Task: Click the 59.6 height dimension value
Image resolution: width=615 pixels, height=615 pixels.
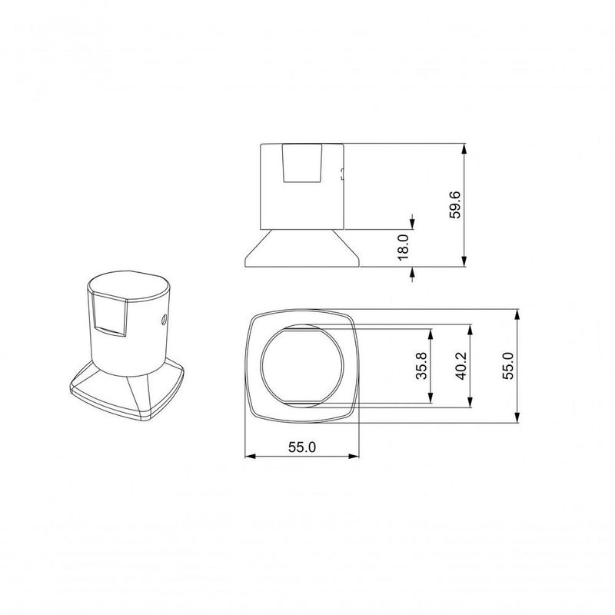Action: [455, 204]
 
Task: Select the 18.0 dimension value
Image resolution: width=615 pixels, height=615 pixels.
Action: [403, 248]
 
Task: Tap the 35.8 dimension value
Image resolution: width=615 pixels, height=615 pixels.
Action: [421, 366]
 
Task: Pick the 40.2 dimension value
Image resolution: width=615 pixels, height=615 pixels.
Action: [461, 366]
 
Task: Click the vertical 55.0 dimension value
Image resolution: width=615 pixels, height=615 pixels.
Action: [508, 366]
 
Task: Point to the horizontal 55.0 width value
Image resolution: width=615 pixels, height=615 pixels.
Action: [302, 447]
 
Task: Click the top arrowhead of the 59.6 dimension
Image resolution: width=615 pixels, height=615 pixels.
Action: [464, 149]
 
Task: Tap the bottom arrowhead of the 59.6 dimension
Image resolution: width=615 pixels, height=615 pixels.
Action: [464, 261]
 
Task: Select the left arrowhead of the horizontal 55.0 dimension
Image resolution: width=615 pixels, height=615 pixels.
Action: [251, 456]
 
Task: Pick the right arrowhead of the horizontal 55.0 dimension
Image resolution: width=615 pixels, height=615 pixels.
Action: [354, 456]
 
